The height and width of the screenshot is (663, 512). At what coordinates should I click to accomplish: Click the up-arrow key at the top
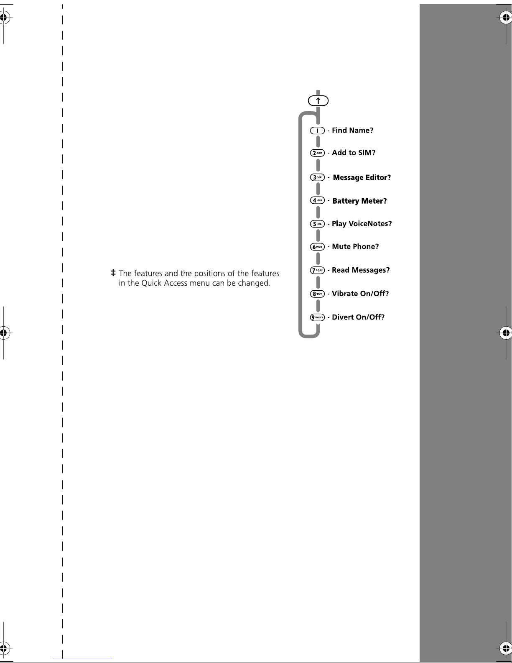point(318,101)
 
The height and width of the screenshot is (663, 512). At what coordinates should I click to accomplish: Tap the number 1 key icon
point(317,131)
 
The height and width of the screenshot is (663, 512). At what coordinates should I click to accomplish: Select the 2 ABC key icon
point(317,153)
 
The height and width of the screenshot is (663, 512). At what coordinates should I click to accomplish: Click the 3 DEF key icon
point(317,177)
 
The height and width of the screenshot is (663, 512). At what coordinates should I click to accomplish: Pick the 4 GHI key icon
point(317,200)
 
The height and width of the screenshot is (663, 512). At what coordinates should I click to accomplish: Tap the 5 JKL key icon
point(317,224)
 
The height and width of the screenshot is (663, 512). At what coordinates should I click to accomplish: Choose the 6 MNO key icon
point(317,246)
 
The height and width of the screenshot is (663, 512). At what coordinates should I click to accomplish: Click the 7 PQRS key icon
point(317,270)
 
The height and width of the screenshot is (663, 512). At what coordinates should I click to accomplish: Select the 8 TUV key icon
point(317,294)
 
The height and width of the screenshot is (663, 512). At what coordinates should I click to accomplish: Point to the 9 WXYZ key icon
point(317,317)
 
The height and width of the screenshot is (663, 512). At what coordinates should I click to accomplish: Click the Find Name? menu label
point(353,131)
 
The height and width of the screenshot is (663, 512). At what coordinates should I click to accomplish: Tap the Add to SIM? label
point(354,153)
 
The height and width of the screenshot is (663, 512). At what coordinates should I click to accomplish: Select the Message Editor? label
point(362,178)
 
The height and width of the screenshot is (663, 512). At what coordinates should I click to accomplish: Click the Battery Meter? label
point(359,201)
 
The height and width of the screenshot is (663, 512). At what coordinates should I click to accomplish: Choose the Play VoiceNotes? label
point(362,224)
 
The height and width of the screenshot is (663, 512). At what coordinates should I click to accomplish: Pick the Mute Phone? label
point(355,246)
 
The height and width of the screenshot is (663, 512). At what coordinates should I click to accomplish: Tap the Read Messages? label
point(361,270)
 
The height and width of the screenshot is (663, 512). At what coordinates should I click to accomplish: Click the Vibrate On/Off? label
point(360,294)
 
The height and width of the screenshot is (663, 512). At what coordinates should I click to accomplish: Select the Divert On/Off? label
point(358,317)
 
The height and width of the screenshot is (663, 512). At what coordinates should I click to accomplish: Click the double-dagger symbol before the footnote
point(113,273)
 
